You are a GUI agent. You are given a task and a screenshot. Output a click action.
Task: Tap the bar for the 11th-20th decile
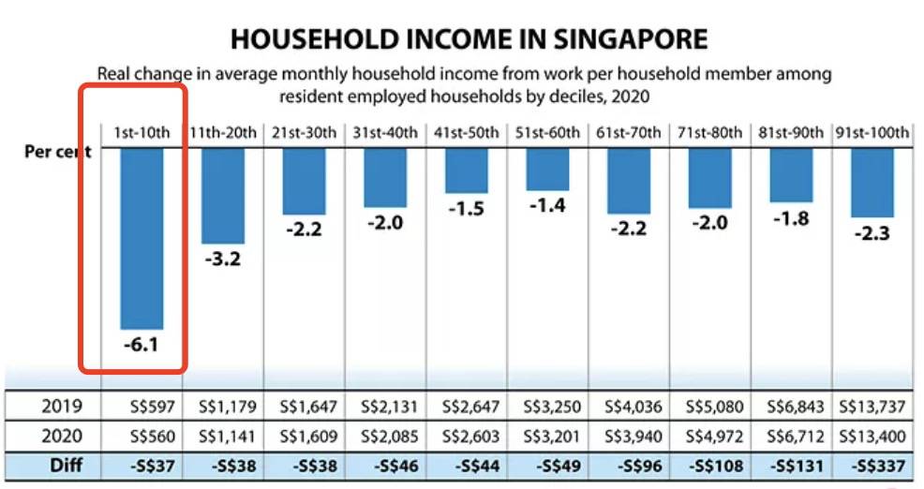(223, 195)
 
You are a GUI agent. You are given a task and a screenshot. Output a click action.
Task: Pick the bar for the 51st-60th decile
(547, 169)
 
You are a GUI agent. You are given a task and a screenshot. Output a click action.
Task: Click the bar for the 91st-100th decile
(872, 182)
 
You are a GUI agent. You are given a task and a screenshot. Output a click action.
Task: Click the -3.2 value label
(223, 259)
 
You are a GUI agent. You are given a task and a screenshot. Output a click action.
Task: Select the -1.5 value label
(466, 209)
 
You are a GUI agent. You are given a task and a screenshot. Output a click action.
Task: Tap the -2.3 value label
(872, 233)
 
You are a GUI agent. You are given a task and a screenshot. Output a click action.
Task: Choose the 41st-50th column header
(466, 133)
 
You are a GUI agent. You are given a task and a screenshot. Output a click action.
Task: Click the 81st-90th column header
(790, 133)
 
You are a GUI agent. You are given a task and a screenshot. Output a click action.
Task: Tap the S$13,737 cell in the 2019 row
(872, 407)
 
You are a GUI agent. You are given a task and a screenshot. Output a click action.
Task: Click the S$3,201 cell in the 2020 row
(547, 436)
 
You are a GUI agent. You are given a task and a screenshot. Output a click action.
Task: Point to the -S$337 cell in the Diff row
(872, 466)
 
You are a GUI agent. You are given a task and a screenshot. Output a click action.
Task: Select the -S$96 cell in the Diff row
(629, 466)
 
